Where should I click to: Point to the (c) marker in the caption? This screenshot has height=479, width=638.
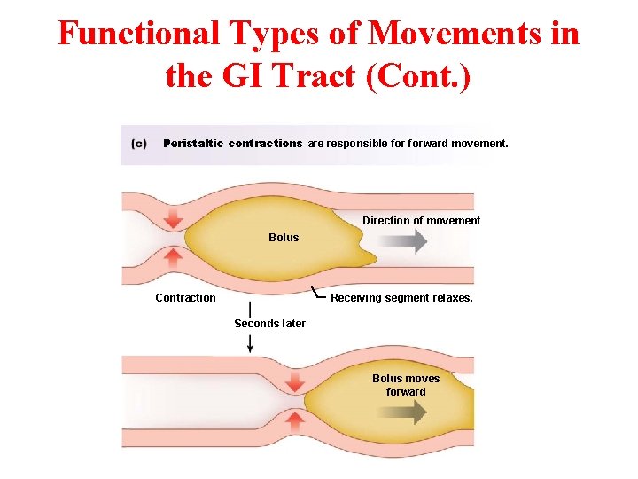(x=139, y=144)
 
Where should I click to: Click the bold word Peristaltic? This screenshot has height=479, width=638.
(x=193, y=144)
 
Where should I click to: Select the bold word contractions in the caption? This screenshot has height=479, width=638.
(x=265, y=144)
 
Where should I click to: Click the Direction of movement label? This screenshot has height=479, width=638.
(x=421, y=221)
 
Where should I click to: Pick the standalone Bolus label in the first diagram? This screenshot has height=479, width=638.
(x=284, y=238)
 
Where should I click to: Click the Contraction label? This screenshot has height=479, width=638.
(x=185, y=298)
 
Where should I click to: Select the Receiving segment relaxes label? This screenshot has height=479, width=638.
(x=401, y=298)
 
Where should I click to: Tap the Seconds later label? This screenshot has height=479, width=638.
(x=269, y=324)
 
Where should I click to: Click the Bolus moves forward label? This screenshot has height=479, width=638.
(x=406, y=385)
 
